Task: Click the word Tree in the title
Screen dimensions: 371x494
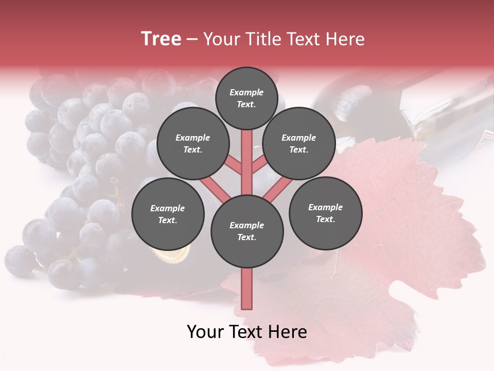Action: (x=161, y=39)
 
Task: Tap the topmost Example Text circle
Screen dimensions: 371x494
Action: (x=246, y=98)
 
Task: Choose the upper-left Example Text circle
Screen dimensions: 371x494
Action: (x=193, y=143)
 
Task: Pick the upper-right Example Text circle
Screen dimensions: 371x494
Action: (x=299, y=143)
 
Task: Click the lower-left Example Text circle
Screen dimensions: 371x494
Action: (x=168, y=214)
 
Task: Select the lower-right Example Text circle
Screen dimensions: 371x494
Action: (x=325, y=213)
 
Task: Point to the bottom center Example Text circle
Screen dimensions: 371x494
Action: (x=247, y=231)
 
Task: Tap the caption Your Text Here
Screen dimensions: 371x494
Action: (x=247, y=332)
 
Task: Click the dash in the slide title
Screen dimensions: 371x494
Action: (x=192, y=40)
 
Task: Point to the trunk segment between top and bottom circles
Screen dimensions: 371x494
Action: (x=247, y=162)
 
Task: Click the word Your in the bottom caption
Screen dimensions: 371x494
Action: (x=206, y=332)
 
